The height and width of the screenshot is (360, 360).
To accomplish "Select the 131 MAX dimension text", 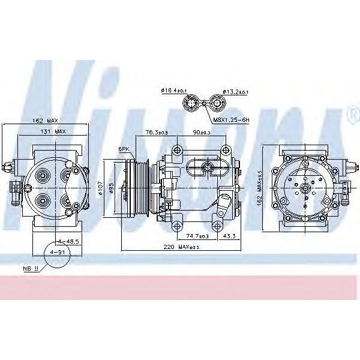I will click(54, 131).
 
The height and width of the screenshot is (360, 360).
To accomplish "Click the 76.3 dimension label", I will click(156, 133).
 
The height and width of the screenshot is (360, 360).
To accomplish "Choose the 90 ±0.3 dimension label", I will click(203, 133).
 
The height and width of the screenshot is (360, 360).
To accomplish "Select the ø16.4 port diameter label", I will click(174, 91).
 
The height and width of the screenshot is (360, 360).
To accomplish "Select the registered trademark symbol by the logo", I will click(350, 112).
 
